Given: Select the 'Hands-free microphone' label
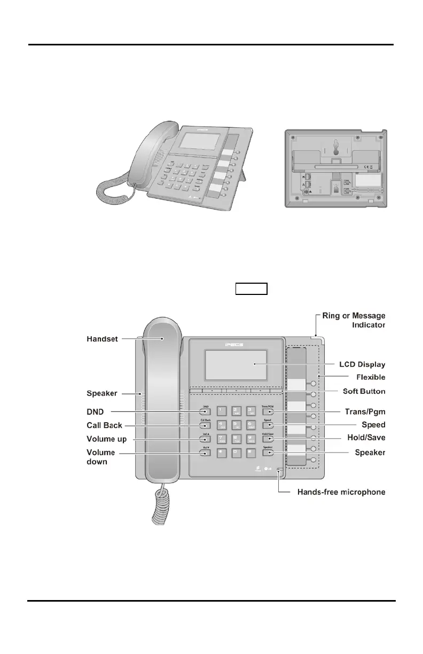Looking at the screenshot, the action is (x=341, y=492).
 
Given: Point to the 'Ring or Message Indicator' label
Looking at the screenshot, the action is (x=354, y=320).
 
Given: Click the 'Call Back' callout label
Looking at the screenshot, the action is (x=105, y=426).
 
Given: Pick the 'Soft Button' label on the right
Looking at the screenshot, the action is (x=364, y=392).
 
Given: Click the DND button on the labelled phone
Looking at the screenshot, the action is (x=206, y=411).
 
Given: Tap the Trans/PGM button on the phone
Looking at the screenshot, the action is (x=268, y=411).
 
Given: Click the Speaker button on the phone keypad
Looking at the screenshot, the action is (x=268, y=453).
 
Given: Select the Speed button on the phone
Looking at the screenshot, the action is (x=268, y=425).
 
